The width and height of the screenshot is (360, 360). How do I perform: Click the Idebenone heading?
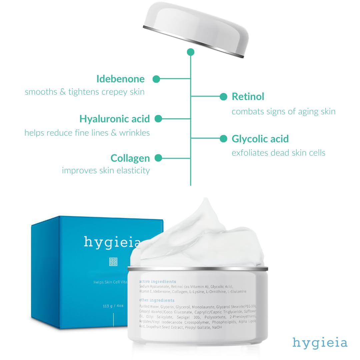(120, 79)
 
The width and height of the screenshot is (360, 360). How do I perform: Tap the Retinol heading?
(248, 97)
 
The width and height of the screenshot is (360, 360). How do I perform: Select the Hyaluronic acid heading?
(114, 119)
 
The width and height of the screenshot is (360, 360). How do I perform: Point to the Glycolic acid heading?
(260, 139)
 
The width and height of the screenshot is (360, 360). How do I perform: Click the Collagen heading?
(130, 158)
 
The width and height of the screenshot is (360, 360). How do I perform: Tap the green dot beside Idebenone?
(156, 79)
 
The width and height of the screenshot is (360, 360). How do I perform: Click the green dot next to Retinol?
(224, 97)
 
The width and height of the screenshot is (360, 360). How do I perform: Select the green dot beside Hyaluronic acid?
(158, 119)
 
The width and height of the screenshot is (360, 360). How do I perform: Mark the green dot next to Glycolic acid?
(224, 139)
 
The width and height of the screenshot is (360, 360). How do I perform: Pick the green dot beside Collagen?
(158, 158)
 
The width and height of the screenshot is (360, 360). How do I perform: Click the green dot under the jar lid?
(190, 52)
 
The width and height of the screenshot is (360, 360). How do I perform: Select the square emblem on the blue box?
(113, 262)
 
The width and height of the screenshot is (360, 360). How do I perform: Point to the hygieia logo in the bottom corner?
(320, 343)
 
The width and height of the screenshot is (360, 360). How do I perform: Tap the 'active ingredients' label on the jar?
(158, 282)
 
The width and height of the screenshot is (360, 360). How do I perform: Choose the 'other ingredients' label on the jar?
(157, 300)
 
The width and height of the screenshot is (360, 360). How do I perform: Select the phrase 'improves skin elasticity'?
(106, 171)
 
